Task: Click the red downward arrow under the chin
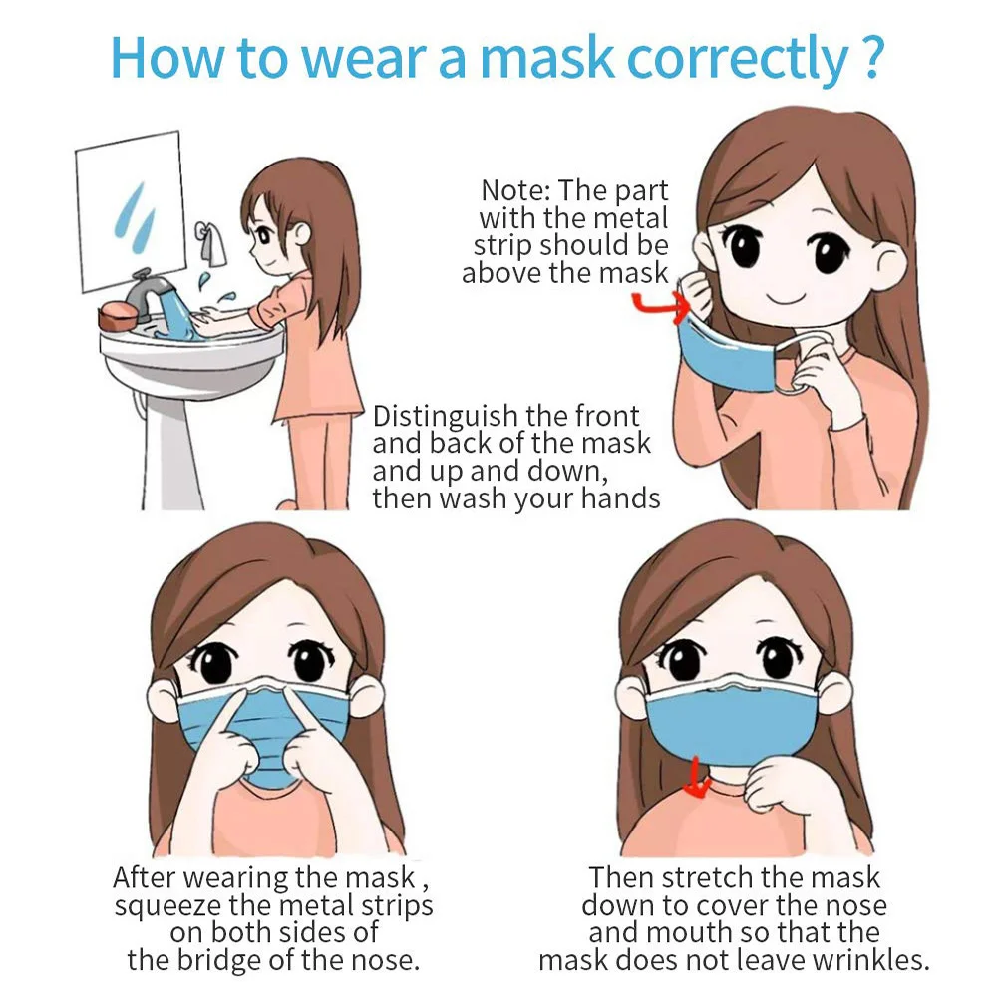(x=697, y=787)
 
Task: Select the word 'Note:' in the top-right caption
(x=515, y=190)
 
